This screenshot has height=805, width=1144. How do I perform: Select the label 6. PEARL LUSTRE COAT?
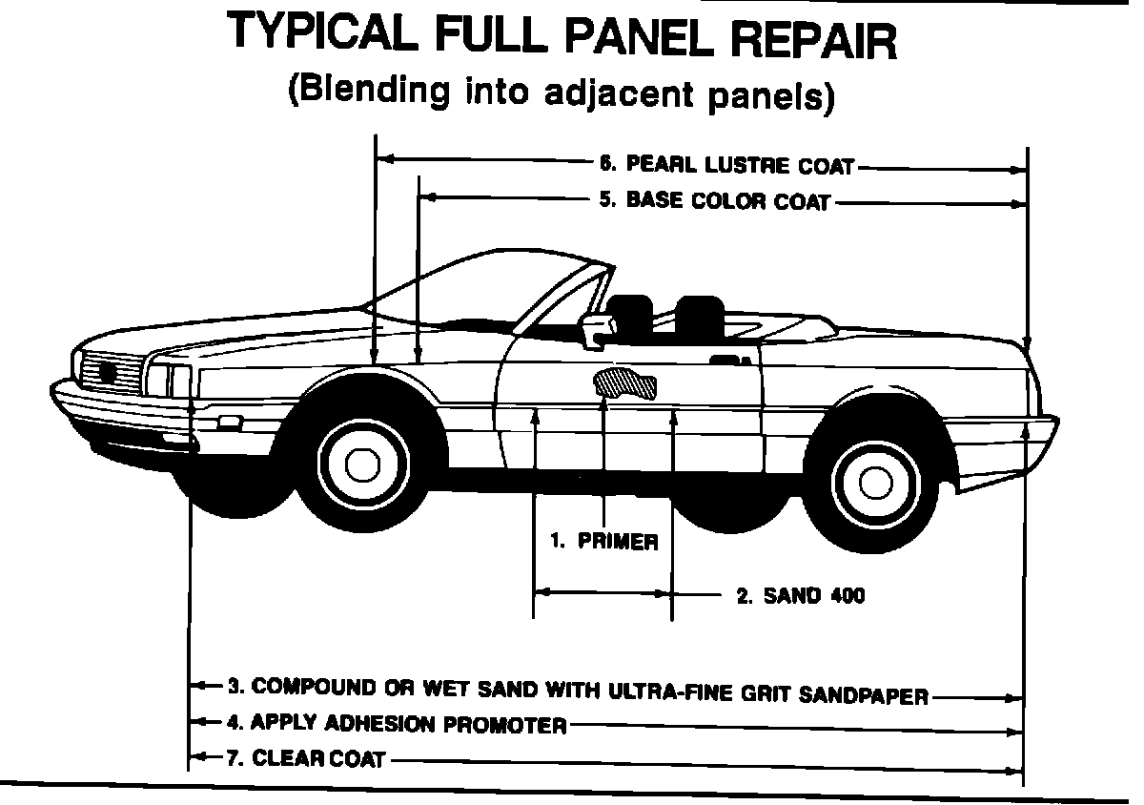(x=726, y=165)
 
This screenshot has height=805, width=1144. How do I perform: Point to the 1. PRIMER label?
(x=604, y=542)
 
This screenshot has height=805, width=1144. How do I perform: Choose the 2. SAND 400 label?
(x=801, y=596)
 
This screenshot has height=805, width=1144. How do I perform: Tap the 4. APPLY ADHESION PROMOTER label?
(x=398, y=724)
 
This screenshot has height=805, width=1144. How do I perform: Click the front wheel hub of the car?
(x=361, y=464)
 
